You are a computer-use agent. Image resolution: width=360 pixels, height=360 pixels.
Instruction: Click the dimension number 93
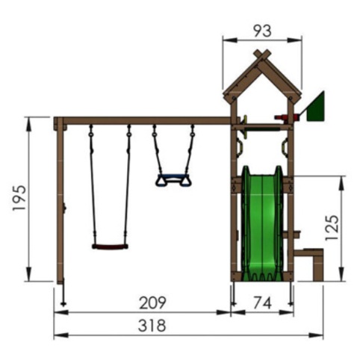(263, 31)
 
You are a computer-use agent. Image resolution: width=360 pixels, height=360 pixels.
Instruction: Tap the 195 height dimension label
(19, 198)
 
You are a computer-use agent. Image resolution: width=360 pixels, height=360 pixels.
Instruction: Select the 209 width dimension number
(152, 302)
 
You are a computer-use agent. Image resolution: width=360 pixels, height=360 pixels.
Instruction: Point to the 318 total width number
(152, 326)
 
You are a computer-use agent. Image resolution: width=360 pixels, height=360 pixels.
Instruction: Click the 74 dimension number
(262, 303)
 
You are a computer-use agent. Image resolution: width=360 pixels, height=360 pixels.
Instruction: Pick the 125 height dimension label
(332, 228)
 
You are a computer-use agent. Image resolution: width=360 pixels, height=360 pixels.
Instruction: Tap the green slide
(262, 223)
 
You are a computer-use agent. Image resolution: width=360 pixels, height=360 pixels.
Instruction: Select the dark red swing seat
(110, 246)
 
